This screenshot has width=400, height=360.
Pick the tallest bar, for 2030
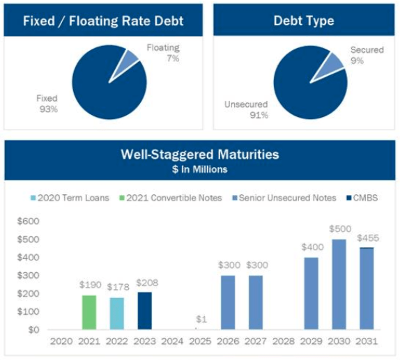339,284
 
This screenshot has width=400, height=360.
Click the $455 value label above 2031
367,238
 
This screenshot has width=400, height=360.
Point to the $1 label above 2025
201,320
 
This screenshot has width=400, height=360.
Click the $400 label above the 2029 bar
311,247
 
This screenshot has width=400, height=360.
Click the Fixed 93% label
47,104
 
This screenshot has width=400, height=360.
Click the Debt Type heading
304,21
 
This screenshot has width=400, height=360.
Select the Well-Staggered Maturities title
200,154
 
